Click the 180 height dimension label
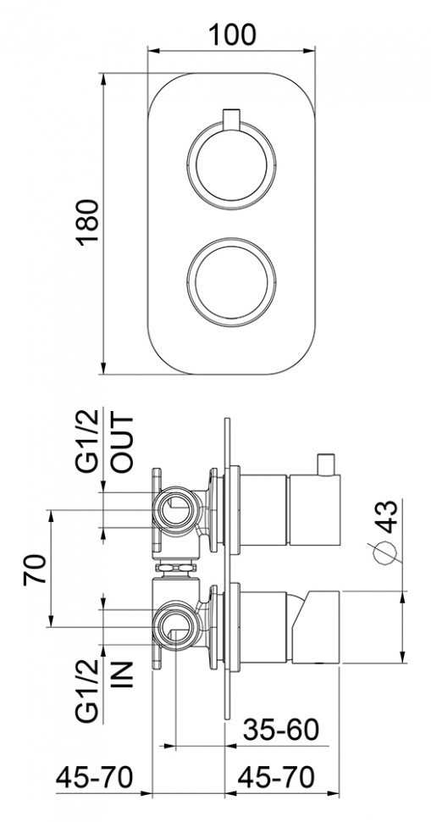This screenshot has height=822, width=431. click(x=88, y=222)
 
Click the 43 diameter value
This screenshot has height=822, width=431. click(x=385, y=517)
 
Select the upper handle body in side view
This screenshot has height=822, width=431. click(x=292, y=512)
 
